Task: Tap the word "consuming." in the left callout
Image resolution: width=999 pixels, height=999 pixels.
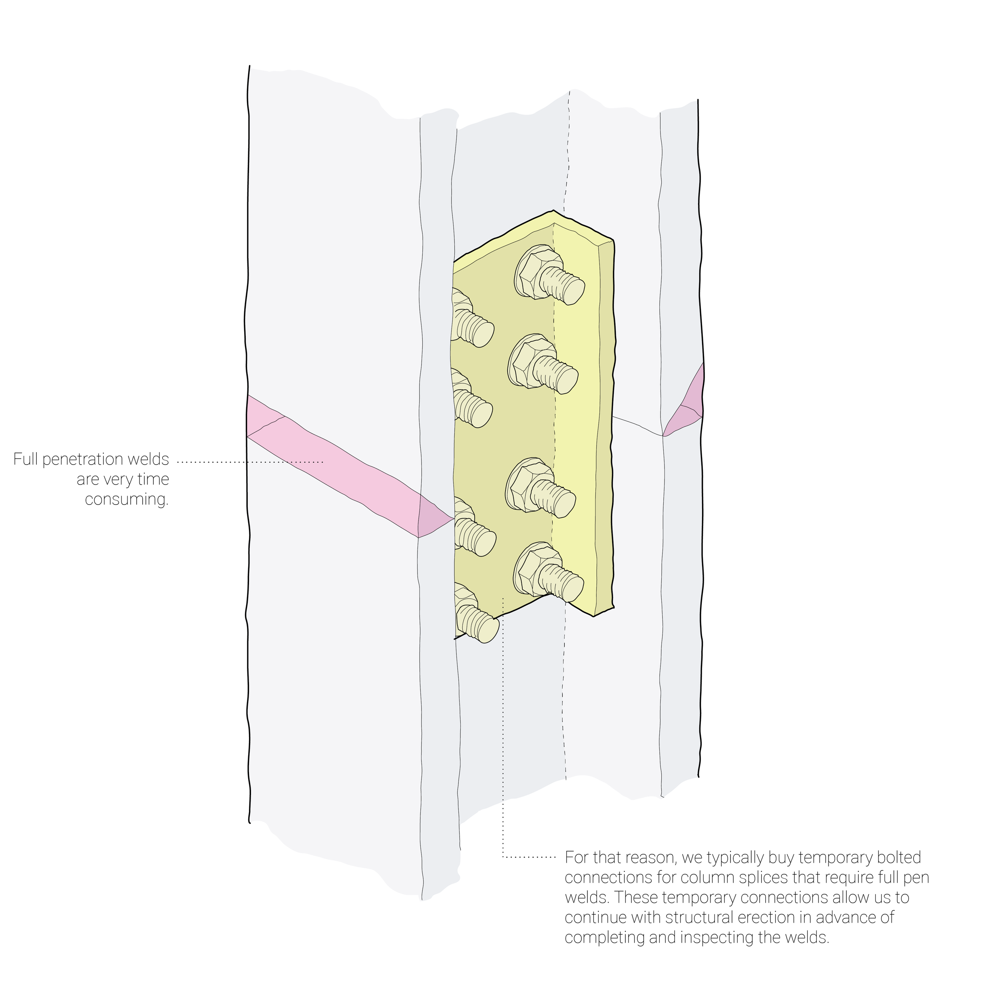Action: click(127, 499)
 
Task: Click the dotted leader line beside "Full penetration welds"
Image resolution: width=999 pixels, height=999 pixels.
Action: click(253, 461)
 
